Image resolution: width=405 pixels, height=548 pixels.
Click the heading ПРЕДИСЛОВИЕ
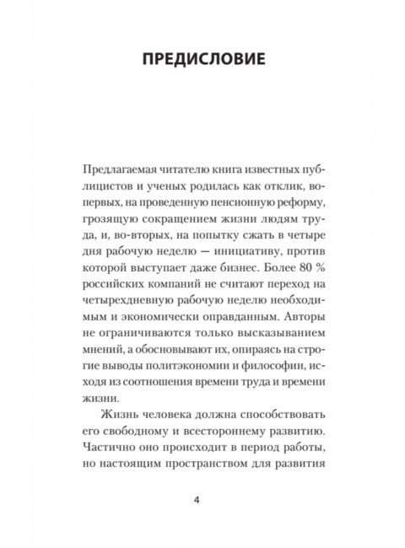click(x=202, y=61)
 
